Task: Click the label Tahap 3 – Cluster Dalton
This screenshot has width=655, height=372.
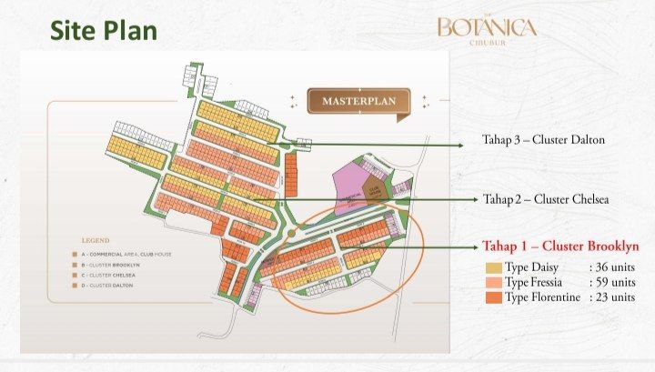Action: [x=543, y=140]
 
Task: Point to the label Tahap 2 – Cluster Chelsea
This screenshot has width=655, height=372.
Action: [x=545, y=199]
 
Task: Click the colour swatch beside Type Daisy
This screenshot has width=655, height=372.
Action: [x=492, y=267]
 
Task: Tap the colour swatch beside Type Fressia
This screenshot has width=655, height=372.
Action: [x=492, y=282]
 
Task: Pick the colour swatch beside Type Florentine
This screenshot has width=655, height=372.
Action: [x=492, y=297]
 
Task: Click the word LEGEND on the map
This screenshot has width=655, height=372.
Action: [x=96, y=240]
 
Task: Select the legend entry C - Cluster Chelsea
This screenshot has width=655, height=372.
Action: [x=111, y=276]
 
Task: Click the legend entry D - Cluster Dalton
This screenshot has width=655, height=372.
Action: [x=110, y=287]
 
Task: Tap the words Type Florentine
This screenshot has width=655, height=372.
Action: [x=542, y=297]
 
